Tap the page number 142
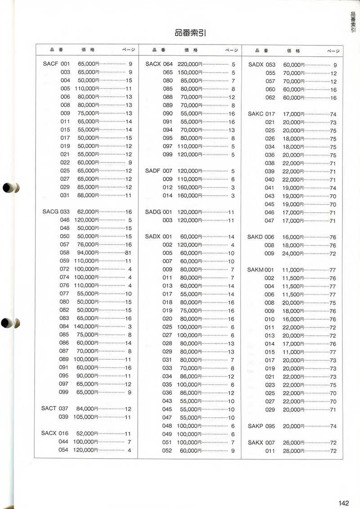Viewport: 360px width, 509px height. [345, 503]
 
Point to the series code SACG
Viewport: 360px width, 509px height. [50, 211]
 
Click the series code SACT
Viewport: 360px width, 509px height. [49, 408]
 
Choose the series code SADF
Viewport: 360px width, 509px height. [153, 170]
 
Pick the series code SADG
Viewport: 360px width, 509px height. [153, 212]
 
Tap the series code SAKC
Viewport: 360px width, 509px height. [255, 114]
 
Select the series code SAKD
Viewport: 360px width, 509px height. [255, 237]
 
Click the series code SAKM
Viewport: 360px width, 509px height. [255, 270]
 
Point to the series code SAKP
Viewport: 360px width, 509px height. [255, 426]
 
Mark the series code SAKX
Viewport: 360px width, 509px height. [255, 442]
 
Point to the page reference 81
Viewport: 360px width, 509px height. [128, 252]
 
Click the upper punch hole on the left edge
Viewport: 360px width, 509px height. [10, 188]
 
